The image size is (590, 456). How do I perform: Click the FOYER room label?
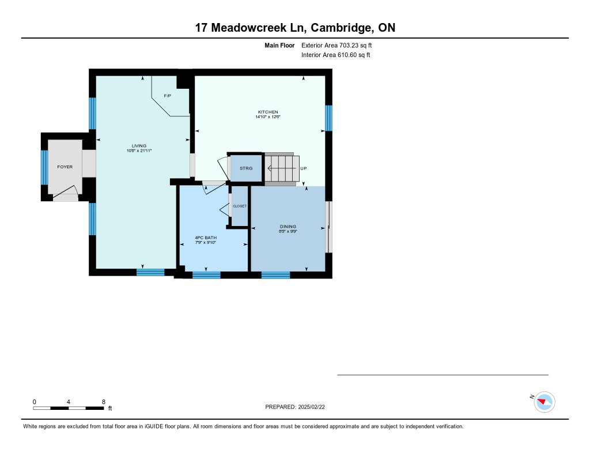click(x=65, y=167)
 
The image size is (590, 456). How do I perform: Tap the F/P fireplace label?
click(x=168, y=96)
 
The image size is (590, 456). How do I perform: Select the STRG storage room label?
click(x=246, y=168)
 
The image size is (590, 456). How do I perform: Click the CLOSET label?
click(x=240, y=206)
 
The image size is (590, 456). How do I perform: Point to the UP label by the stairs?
click(x=303, y=168)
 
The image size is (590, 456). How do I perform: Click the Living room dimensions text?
click(x=139, y=150)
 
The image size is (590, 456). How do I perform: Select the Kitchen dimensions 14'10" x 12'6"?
click(x=268, y=116)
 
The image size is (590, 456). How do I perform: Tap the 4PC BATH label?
click(x=206, y=238)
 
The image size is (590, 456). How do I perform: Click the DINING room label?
click(x=288, y=227)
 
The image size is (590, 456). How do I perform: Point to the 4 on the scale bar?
click(x=69, y=402)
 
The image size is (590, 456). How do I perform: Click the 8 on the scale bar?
click(x=104, y=402)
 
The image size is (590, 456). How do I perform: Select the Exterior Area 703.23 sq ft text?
click(x=336, y=46)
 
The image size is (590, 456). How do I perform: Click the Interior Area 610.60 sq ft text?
click(x=336, y=55)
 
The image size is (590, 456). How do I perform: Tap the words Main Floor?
click(x=279, y=46)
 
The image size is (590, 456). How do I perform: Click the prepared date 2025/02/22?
click(x=312, y=407)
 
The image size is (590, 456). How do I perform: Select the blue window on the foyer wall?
click(x=44, y=168)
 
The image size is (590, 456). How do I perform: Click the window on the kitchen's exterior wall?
click(x=328, y=118)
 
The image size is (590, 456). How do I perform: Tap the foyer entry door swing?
click(x=66, y=191)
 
